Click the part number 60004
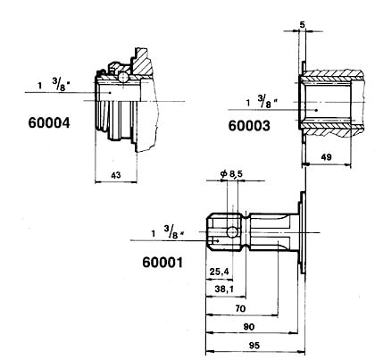tap(49, 122)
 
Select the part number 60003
tap(249, 126)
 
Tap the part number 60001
tap(162, 263)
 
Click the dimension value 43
tap(116, 175)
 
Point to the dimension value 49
tap(327, 157)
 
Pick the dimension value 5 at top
tap(303, 25)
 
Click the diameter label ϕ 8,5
tap(231, 173)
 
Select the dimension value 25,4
tap(219, 272)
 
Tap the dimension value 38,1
tap(224, 289)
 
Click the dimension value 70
tap(240, 308)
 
